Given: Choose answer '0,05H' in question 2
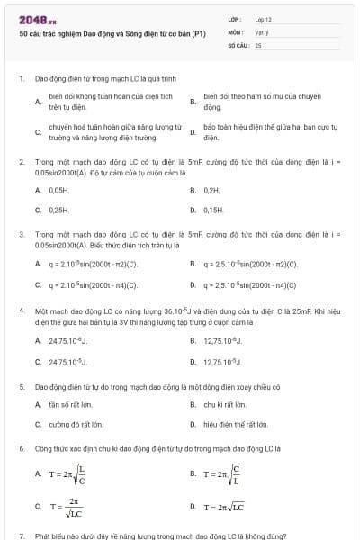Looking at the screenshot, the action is click(x=58, y=191).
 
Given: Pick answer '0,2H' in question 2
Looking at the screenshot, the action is click(x=211, y=191).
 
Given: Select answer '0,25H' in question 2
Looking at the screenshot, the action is click(x=59, y=209).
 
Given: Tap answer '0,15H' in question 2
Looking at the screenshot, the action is click(x=213, y=209).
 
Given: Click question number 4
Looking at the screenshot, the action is click(x=21, y=309).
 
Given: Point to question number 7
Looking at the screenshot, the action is click(x=21, y=535).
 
